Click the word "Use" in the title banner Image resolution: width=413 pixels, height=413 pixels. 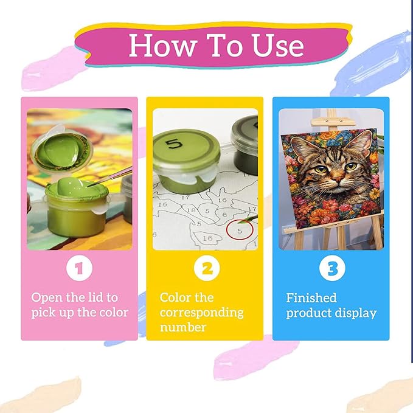click(x=278, y=45)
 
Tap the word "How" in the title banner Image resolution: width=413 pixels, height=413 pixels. click(x=164, y=45)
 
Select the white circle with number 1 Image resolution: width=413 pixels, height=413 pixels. click(x=79, y=268)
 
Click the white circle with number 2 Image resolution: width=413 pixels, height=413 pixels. click(x=207, y=268)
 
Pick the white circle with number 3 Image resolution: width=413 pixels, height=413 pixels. click(x=332, y=268)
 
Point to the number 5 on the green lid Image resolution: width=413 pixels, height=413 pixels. click(x=174, y=144)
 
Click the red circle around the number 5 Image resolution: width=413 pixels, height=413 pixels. click(x=240, y=230)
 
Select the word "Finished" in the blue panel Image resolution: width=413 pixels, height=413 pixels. click(x=311, y=298)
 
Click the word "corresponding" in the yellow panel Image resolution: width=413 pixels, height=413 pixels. click(x=201, y=313)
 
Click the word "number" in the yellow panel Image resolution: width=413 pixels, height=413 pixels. click(x=183, y=327)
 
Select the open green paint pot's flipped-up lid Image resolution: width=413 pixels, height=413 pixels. click(x=61, y=150)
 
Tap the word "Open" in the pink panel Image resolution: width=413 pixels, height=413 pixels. click(x=47, y=298)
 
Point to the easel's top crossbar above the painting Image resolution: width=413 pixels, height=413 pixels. click(x=333, y=122)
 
